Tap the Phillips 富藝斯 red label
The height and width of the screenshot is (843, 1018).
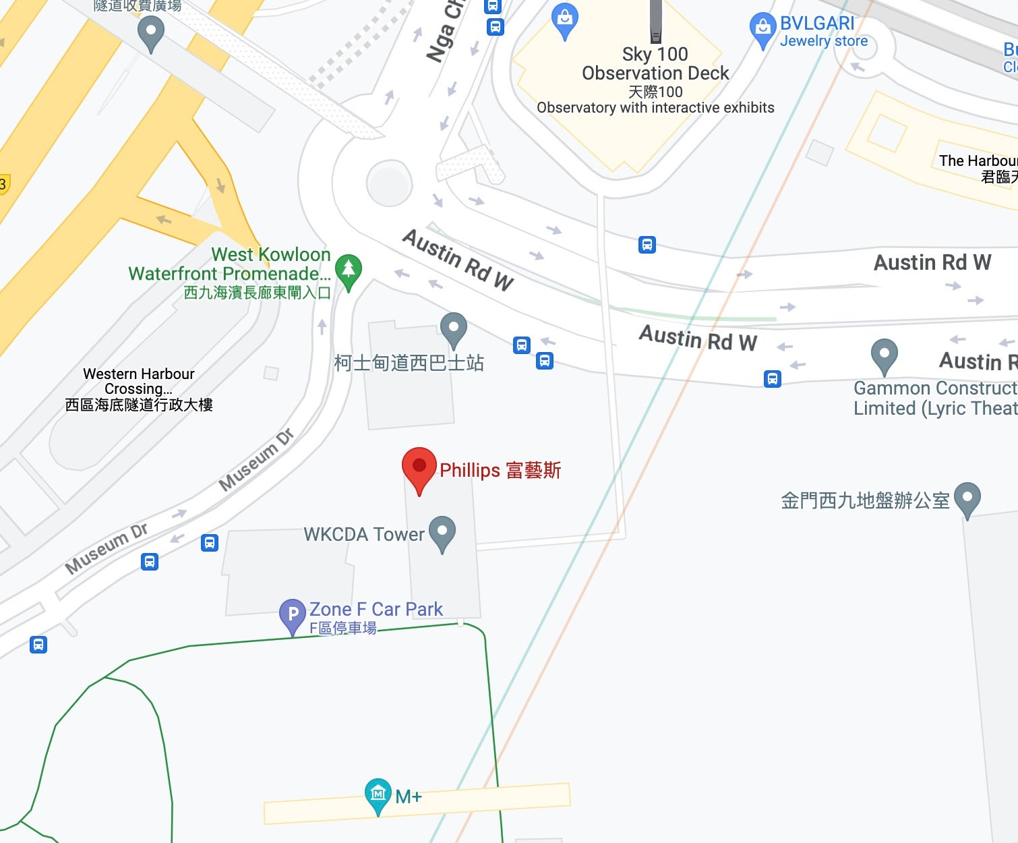pos(500,470)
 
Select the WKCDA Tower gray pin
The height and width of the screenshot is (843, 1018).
pos(442,532)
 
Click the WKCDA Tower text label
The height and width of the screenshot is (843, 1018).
pos(364,535)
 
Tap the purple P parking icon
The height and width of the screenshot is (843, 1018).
pos(293,615)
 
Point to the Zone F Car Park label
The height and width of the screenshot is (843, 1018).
pos(376,610)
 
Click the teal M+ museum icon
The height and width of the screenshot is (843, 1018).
pos(378,794)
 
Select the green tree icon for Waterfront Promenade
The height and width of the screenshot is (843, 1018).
pos(349,270)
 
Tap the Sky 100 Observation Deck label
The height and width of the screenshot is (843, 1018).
pos(655,63)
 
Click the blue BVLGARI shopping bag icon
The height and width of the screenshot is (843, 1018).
pos(762,29)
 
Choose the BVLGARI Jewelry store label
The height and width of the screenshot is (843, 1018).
pos(823,32)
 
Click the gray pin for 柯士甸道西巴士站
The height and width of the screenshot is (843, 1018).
pos(454,329)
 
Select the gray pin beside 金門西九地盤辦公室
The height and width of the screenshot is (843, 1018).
pos(967,498)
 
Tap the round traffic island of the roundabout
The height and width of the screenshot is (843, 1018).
pos(389,183)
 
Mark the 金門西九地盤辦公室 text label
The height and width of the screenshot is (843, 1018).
pos(865,500)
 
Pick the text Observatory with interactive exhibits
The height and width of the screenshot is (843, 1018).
pos(655,108)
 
